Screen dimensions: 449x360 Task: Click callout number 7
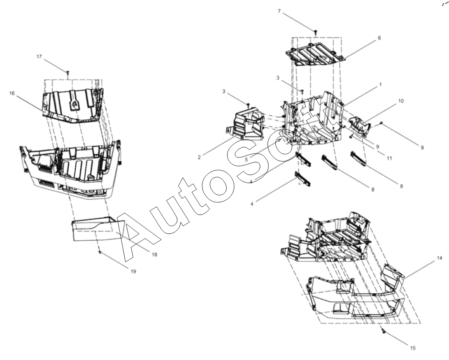[279, 11]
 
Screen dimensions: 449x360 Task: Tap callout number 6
[379, 37]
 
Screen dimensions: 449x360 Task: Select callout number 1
[380, 84]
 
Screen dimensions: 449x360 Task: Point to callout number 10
[401, 101]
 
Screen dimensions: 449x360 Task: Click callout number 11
[389, 158]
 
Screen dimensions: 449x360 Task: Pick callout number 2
[199, 157]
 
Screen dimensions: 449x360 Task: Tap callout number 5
[246, 159]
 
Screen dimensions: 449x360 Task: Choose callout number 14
[440, 258]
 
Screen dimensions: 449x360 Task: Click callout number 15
[413, 348]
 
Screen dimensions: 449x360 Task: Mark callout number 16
[12, 93]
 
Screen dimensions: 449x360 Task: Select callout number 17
[39, 57]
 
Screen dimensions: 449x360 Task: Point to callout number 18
[154, 254]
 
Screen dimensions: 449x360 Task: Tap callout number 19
[133, 271]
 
